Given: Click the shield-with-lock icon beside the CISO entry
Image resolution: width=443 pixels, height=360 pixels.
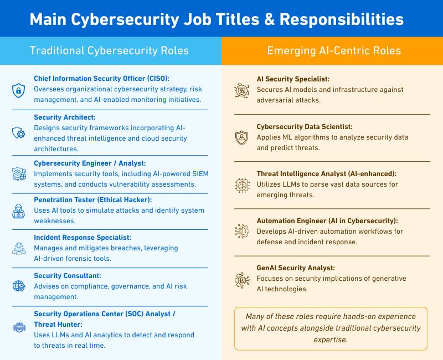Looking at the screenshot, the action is tap(18, 90).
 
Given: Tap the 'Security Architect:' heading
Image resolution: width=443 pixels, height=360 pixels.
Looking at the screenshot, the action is tap(65, 117).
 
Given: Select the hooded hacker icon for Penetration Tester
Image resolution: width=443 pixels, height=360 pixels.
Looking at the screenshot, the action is tap(19, 211).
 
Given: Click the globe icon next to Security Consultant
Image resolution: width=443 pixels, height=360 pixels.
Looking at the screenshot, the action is tap(19, 286).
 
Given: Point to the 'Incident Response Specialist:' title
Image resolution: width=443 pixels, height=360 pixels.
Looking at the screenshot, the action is tap(83, 238).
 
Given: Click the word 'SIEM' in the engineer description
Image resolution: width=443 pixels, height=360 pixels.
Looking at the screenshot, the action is tap(200, 174).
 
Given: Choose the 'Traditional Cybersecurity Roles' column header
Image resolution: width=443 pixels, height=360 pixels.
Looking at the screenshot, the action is tap(109, 50).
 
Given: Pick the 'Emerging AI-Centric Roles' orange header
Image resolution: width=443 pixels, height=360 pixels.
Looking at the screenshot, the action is tap(334, 50).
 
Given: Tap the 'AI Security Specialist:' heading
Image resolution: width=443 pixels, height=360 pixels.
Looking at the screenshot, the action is tap(293, 79).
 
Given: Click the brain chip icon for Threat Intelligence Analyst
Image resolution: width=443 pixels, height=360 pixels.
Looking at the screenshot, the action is tap(242, 185).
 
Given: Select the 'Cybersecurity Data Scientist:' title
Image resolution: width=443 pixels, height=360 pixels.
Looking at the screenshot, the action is tap(305, 127).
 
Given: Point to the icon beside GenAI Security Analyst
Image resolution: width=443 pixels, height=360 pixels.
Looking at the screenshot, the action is tap(243, 280).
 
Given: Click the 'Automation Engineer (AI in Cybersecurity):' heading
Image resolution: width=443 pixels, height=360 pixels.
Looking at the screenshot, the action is tap(327, 220).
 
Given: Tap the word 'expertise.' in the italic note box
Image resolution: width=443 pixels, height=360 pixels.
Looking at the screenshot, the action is tap(331, 340).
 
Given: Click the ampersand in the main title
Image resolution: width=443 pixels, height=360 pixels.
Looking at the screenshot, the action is tap(270, 19).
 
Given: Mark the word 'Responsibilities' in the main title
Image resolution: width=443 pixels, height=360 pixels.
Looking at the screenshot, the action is tap(342, 19).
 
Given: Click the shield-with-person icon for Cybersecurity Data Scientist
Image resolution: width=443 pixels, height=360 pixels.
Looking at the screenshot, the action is tap(242, 138).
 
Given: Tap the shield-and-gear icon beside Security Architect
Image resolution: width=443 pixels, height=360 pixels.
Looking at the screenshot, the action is tap(19, 132).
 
